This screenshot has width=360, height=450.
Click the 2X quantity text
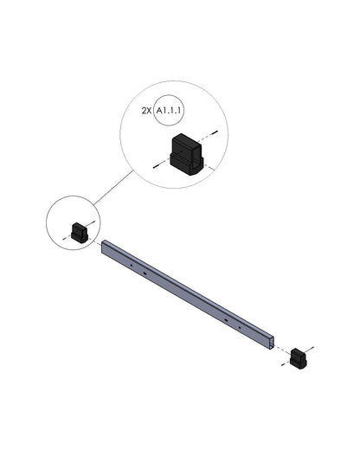(x=146, y=111)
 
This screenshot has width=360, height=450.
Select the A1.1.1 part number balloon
(x=169, y=110)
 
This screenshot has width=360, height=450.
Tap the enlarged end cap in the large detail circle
(x=187, y=154)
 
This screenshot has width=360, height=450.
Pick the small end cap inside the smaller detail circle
(x=80, y=233)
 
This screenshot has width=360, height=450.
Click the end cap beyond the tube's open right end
(x=299, y=358)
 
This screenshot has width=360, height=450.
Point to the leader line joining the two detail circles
(x=113, y=188)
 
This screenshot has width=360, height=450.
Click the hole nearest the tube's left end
(x=131, y=265)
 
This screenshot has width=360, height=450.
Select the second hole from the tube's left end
(x=145, y=273)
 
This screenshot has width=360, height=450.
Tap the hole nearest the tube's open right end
(x=240, y=328)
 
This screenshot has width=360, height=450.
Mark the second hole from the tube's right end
(x=226, y=320)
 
